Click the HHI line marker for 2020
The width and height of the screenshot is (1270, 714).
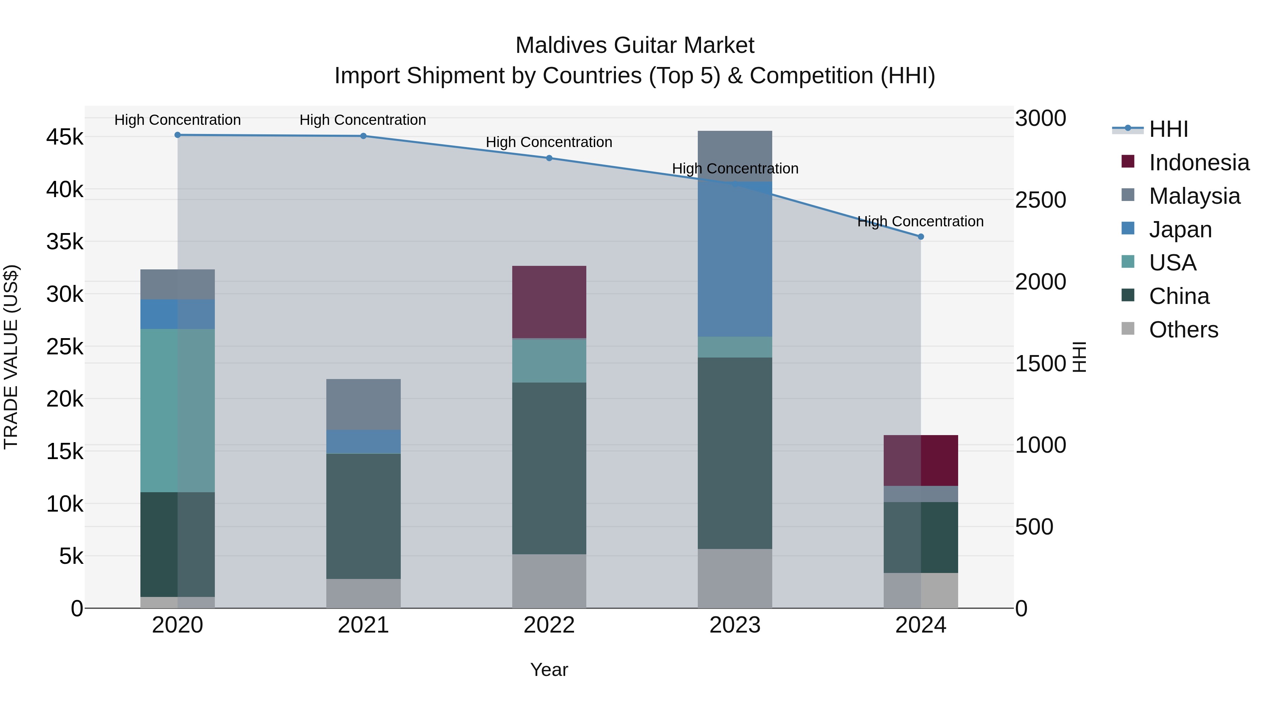[x=177, y=135]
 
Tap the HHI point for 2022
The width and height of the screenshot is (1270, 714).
[x=549, y=158]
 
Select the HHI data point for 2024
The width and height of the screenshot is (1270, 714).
[x=920, y=237]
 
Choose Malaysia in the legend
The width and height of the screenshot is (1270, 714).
[x=1194, y=196]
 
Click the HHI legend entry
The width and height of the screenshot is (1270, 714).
[x=1168, y=129]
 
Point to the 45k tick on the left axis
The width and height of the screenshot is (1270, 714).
[x=65, y=137]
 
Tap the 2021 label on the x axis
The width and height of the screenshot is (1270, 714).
[x=363, y=625]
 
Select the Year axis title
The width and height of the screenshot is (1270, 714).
[x=549, y=670]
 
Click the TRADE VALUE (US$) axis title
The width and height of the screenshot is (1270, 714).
[x=11, y=357]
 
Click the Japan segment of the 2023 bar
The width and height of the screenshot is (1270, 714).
[x=734, y=259]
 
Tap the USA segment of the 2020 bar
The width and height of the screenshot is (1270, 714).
[x=177, y=410]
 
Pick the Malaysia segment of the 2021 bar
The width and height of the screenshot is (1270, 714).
[x=363, y=404]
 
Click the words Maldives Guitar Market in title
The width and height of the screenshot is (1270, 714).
[x=635, y=45]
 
